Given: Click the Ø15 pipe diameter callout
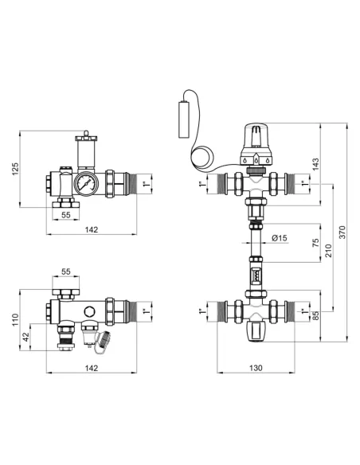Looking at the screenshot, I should pos(279,237).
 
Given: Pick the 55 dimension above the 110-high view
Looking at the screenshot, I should pos(65,272).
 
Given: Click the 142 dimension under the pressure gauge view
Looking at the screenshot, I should pos(91,229).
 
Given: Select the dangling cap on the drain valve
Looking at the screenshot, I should pos(104,342).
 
